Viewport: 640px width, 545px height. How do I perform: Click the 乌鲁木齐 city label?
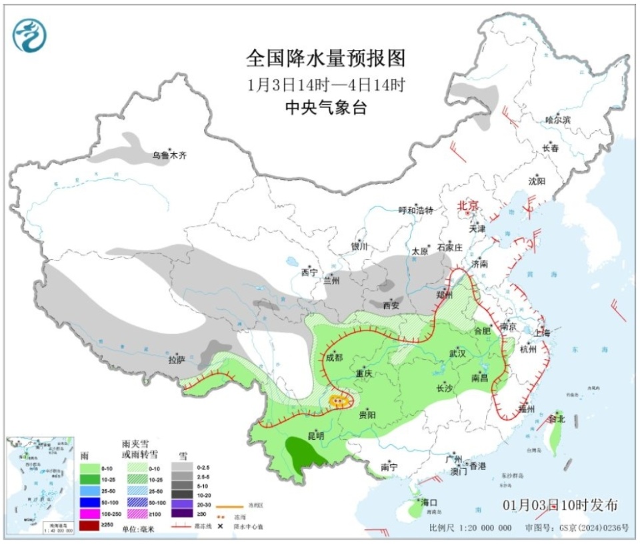coord(169,155)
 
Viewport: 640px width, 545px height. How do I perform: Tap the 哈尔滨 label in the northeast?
coord(558,120)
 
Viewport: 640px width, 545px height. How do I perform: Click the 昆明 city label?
coord(315,436)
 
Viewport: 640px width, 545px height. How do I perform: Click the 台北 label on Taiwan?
coord(556,419)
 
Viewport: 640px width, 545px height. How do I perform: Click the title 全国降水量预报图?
coord(326,59)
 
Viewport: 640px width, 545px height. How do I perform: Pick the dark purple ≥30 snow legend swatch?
coord(181,513)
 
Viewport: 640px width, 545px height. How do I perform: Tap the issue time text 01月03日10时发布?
coord(560,504)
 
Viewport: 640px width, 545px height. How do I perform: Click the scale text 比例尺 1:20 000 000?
coord(471,528)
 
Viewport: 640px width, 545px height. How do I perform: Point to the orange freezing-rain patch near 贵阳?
coord(339,400)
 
